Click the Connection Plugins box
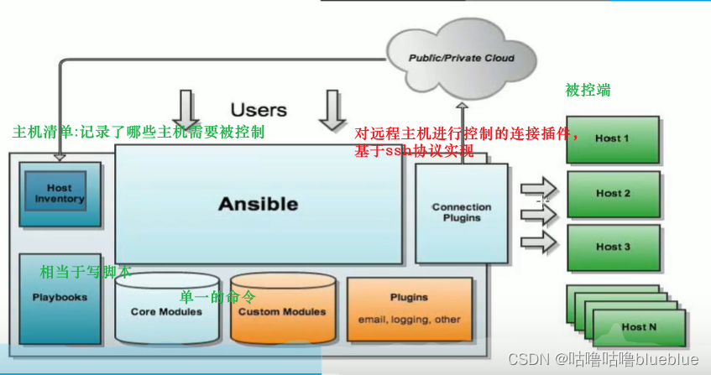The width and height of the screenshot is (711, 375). pyautogui.click(x=461, y=212)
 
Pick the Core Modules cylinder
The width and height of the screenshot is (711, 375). pyautogui.click(x=166, y=311)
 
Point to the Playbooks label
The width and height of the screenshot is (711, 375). pyautogui.click(x=60, y=297)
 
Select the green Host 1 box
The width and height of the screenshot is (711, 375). pyautogui.click(x=612, y=138)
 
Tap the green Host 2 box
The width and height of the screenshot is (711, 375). pyautogui.click(x=613, y=193)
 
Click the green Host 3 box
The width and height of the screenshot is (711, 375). pyautogui.click(x=613, y=247)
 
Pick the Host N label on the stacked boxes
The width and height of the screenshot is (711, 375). pyautogui.click(x=640, y=326)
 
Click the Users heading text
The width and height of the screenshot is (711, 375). pyautogui.click(x=259, y=110)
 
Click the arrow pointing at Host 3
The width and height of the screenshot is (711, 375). pyautogui.click(x=538, y=242)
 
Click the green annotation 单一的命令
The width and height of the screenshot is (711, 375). pyautogui.click(x=218, y=297)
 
